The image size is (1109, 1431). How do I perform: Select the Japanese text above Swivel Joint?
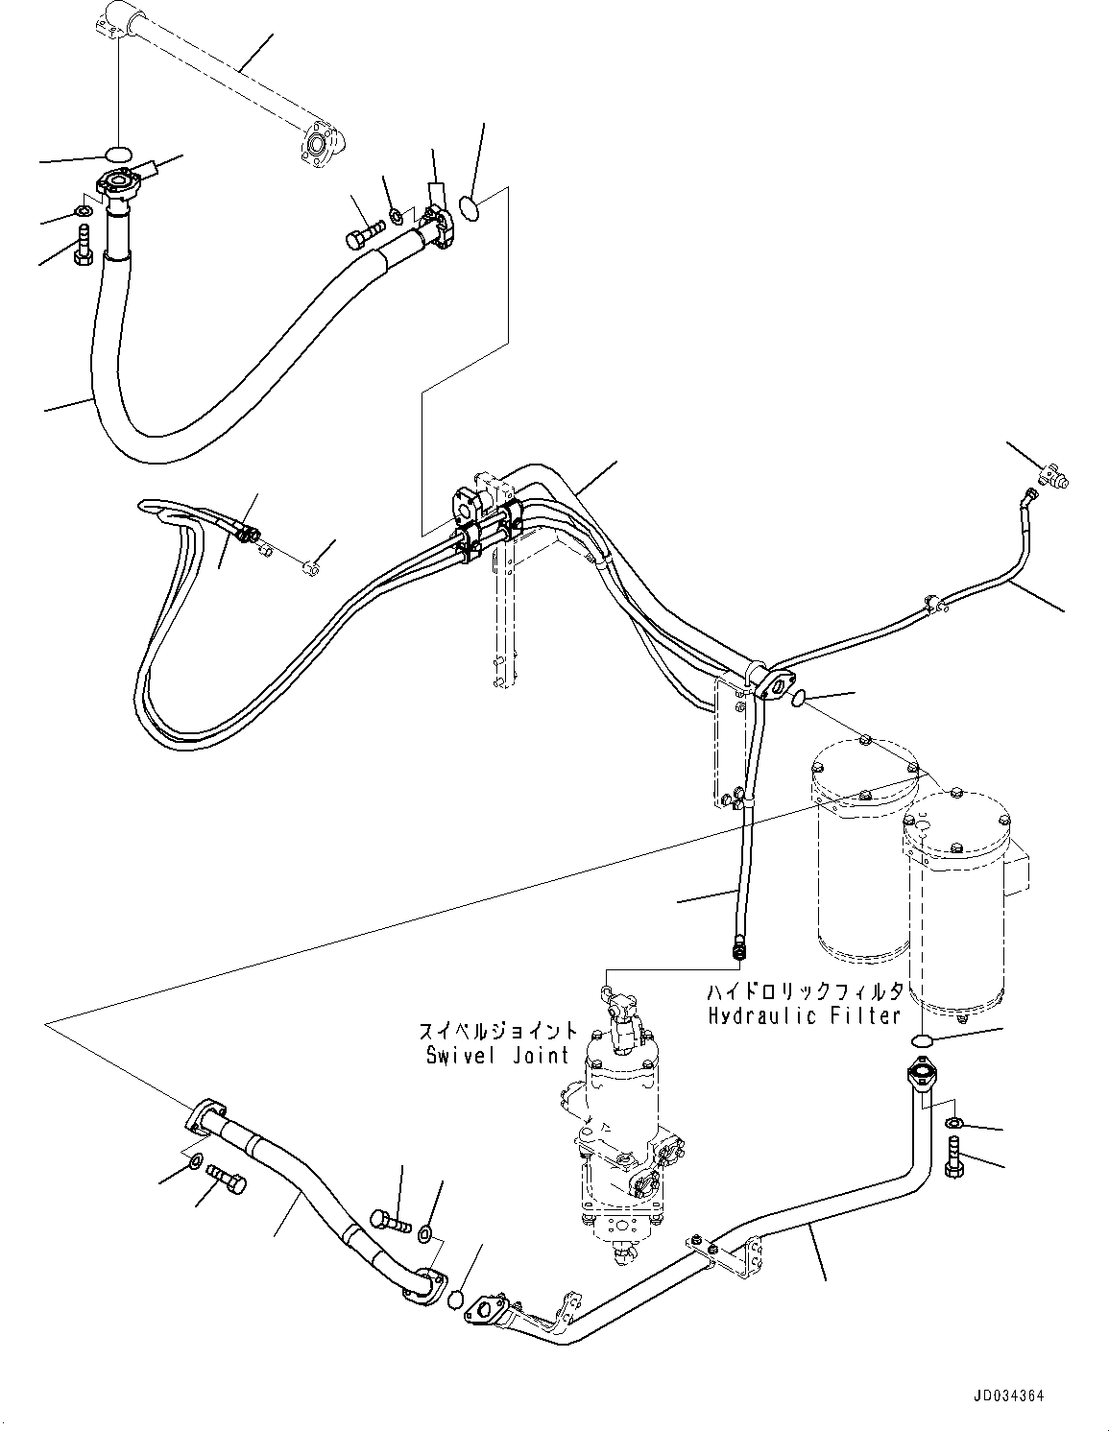(x=498, y=1033)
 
